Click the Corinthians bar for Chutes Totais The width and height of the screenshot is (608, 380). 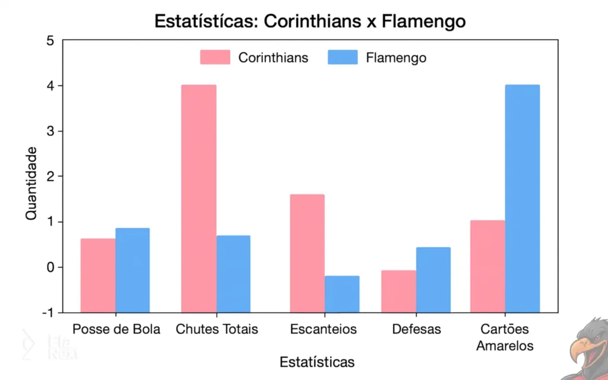click(x=199, y=198)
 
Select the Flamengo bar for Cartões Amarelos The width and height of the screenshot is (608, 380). click(x=522, y=198)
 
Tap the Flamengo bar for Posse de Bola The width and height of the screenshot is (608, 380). click(x=132, y=270)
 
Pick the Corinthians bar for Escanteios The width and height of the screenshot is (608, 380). click(x=307, y=253)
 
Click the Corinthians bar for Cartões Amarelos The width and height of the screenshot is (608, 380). click(x=487, y=266)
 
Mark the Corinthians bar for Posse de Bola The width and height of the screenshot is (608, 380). click(x=98, y=275)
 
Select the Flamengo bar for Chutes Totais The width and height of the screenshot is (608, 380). click(x=233, y=274)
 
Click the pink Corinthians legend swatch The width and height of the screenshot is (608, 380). click(x=215, y=58)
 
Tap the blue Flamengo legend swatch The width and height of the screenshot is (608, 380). click(x=343, y=58)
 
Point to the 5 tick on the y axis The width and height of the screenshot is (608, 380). click(x=50, y=40)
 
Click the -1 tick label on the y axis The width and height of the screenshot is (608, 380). click(x=47, y=313)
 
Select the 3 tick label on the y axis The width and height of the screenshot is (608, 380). click(x=50, y=131)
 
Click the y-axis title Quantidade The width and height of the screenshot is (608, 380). click(x=31, y=183)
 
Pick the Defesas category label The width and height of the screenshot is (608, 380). click(x=416, y=329)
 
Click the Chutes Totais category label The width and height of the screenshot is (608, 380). click(x=217, y=329)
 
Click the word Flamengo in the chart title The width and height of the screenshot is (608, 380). click(x=423, y=21)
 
